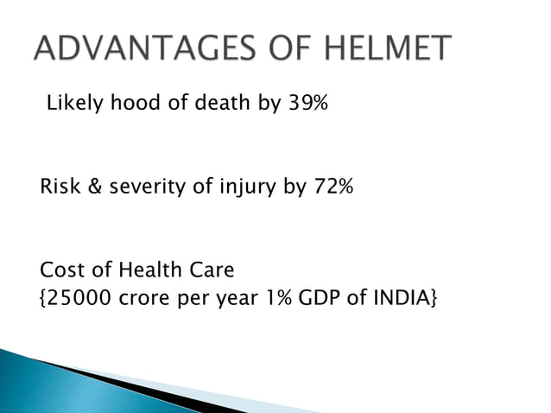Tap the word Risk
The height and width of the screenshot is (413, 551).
(59, 187)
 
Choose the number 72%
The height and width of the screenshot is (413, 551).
(331, 187)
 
